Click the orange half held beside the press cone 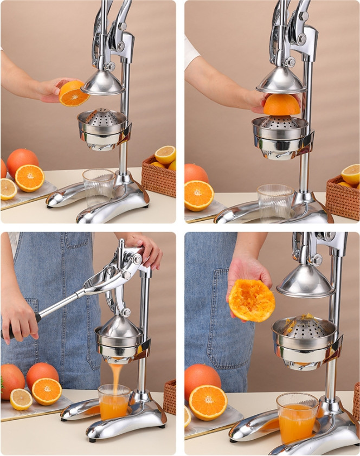coord(74,93)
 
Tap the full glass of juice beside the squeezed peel coord(297,418)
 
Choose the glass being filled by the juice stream coord(114,402)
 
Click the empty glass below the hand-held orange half coord(98,188)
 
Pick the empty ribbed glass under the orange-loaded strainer coord(275,201)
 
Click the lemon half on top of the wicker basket coord(165,155)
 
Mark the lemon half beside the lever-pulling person coord(21,399)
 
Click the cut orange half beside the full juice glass coord(208,402)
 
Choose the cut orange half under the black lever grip coord(46,391)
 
